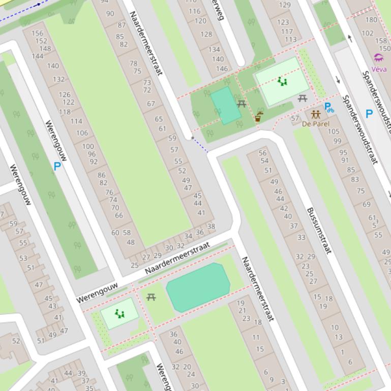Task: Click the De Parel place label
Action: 315,124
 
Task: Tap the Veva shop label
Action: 379,69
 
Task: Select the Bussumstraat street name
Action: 319,231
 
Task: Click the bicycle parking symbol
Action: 329,108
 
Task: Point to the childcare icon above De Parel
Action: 316,115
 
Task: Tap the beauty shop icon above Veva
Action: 379,58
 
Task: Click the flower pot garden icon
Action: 258,117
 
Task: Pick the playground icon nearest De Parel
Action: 282,81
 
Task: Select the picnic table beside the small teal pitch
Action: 242,104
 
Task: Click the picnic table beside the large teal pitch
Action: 151,297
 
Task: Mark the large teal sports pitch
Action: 198,287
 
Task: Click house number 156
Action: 37,34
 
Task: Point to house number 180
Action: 371,20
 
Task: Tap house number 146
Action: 222,69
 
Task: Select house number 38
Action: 211,226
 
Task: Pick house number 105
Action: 334,132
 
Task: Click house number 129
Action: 285,6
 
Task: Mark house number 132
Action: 58,79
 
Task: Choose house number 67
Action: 151,104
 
